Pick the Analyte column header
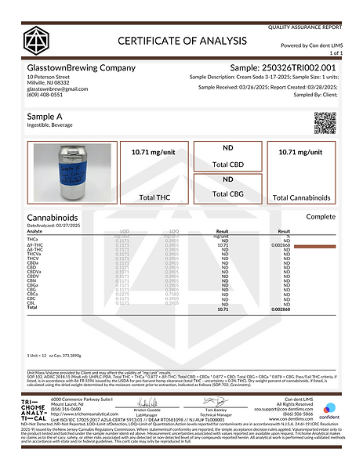coord(35,232)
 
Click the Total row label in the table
coord(32,308)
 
